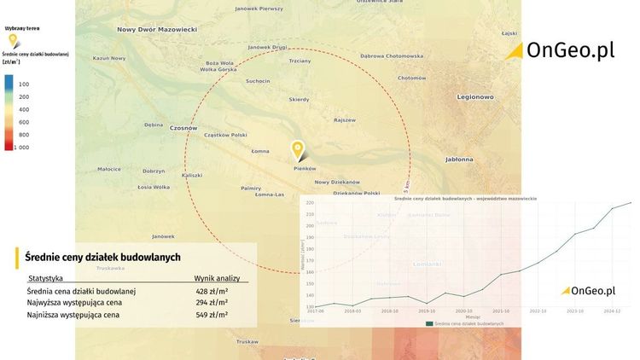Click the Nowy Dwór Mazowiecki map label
[157, 29]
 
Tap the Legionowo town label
[475, 96]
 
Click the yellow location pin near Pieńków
[298, 151]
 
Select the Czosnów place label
[183, 128]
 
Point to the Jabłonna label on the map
[460, 160]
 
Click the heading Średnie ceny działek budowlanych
[102, 257]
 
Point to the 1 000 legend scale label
[21, 148]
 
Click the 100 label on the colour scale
[24, 84]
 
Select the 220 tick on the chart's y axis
[309, 203]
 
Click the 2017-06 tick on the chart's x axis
[315, 311]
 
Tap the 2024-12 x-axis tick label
[612, 311]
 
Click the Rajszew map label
[345, 120]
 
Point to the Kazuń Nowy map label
[109, 58]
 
